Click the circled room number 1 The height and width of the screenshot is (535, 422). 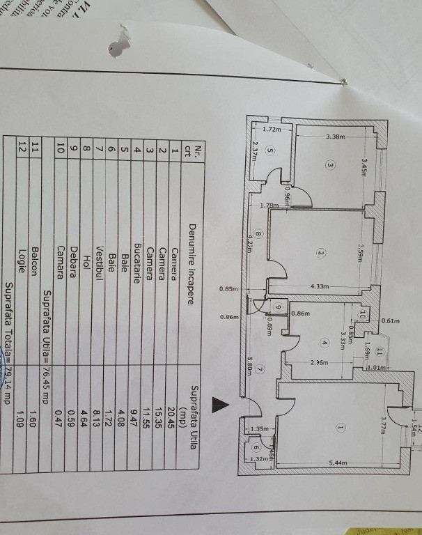coord(341,427)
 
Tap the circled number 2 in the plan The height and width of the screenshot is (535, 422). coord(320,253)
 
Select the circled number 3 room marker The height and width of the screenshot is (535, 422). coord(330,165)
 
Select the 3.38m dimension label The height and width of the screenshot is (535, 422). coord(336,137)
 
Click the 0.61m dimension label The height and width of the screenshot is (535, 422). coord(391,321)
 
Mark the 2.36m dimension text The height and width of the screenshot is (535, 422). coord(319,362)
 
